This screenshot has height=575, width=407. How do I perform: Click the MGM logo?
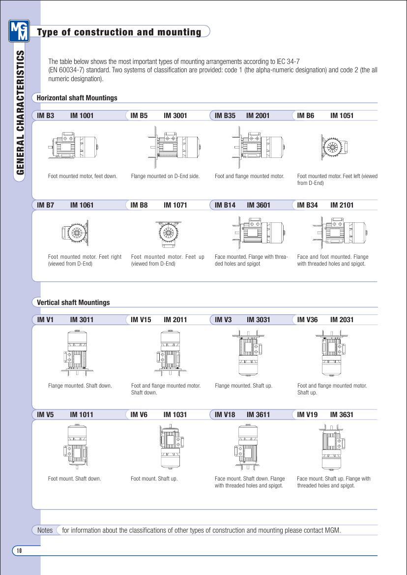19,31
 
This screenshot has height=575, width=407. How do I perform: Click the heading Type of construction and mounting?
119,32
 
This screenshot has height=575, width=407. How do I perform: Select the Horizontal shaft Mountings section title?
77,98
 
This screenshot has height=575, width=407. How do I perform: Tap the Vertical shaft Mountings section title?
73,303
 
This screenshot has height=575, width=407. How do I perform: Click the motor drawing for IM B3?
74,144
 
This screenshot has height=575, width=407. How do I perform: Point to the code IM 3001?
175,116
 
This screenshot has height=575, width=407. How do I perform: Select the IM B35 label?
225,116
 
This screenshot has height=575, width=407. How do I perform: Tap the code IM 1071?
175,205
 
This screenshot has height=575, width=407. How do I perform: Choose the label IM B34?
308,205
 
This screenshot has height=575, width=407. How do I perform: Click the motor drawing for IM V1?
75,350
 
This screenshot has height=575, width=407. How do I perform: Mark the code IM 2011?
175,320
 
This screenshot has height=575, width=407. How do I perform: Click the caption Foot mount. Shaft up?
154,479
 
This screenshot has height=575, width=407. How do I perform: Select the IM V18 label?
225,415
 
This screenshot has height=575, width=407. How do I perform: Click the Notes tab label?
45,530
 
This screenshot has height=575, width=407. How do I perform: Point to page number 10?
19,550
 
